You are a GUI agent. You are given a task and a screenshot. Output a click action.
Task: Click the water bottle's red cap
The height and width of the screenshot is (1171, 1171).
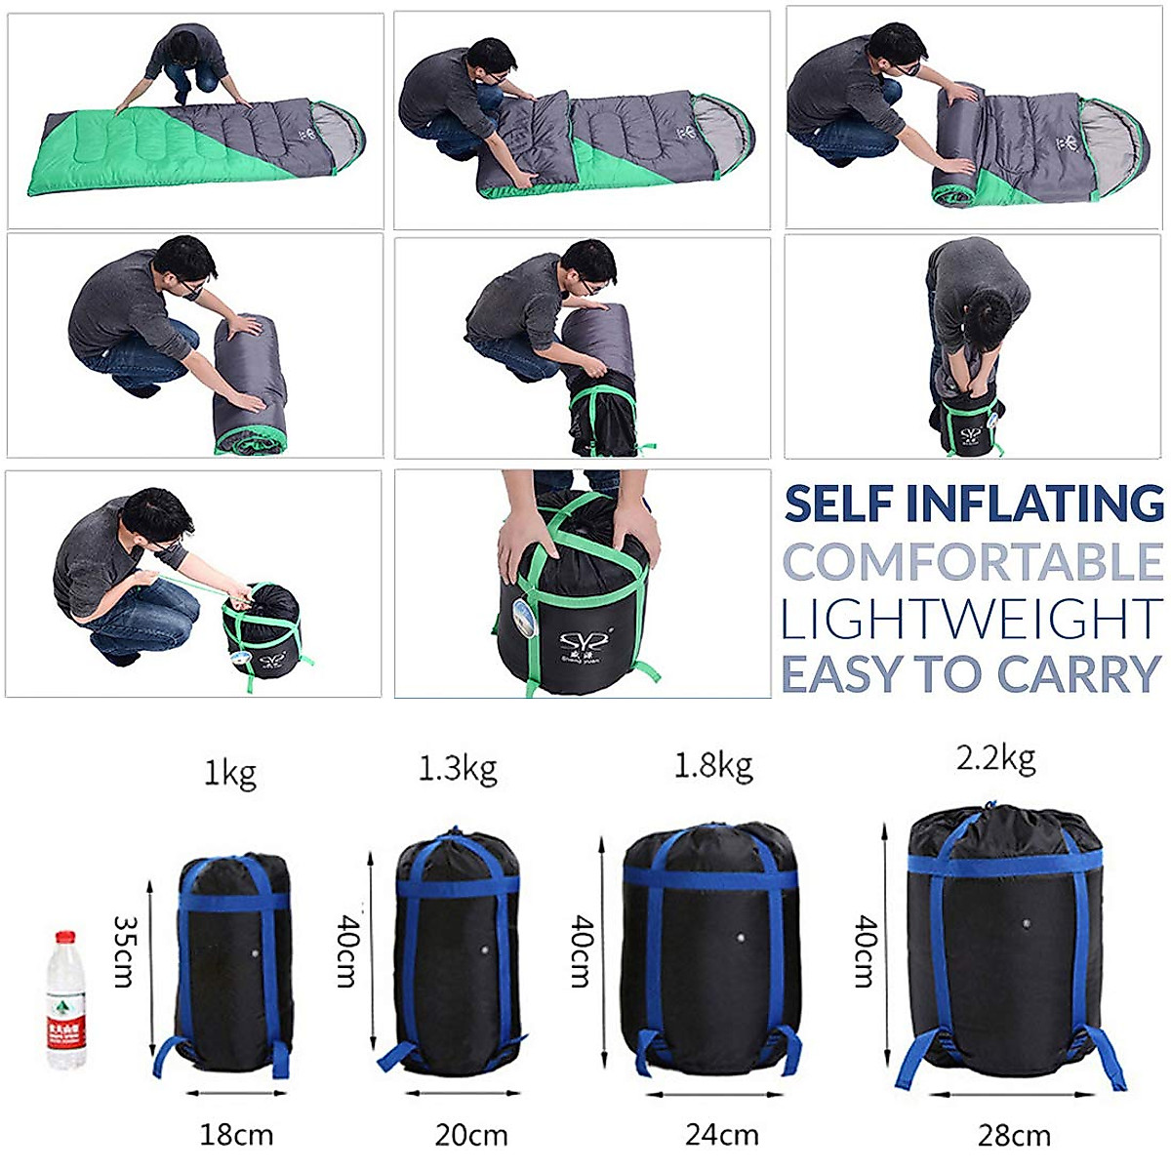pos(65,937)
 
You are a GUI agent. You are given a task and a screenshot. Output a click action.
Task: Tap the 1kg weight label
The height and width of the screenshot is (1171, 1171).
pos(230,774)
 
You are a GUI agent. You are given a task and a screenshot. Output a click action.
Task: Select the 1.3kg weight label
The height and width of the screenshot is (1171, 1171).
pos(458,769)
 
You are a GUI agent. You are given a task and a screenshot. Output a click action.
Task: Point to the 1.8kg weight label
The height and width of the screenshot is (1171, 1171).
pos(713,766)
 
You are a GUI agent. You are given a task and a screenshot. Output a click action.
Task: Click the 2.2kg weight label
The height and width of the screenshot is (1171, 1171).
pos(995,758)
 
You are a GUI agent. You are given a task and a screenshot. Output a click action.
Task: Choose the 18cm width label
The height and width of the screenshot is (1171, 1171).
pos(236,1135)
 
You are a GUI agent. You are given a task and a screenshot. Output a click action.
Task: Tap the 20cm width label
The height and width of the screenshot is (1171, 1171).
pos(471,1135)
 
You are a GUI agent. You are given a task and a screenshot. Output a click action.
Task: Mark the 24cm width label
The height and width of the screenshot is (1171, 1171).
pos(722,1135)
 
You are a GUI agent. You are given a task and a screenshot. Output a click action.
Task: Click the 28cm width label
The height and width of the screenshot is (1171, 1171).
pos(1014,1136)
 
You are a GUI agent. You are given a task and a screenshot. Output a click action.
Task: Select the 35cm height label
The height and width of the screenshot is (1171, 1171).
pos(124,950)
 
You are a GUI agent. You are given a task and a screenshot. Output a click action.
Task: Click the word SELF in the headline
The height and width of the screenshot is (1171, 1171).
pos(839,504)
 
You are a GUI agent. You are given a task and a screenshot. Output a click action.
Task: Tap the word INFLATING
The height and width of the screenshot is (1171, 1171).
pos(1034,504)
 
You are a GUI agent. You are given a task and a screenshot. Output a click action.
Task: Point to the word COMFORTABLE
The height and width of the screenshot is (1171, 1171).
pos(973,562)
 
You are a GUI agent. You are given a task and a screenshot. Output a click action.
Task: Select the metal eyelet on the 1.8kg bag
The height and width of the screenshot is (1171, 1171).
pos(741,940)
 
